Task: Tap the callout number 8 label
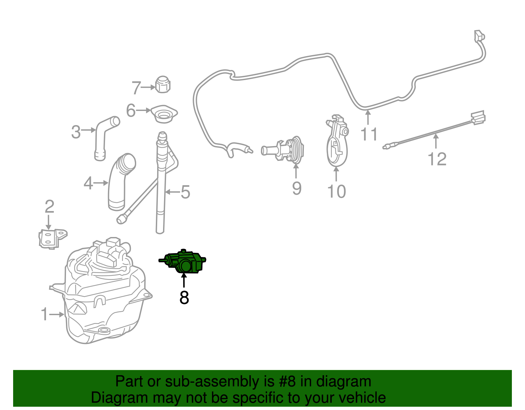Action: [184, 297]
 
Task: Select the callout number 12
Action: [437, 159]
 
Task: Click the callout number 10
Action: [337, 191]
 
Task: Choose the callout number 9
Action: [297, 188]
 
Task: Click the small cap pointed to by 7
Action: [163, 85]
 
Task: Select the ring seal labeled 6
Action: [164, 114]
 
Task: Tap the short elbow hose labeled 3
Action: [104, 138]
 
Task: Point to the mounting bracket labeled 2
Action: [53, 239]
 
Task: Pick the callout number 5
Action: [185, 192]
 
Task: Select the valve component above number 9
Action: [283, 150]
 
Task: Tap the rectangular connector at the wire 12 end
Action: [478, 118]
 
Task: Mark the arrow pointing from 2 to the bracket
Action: [49, 222]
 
